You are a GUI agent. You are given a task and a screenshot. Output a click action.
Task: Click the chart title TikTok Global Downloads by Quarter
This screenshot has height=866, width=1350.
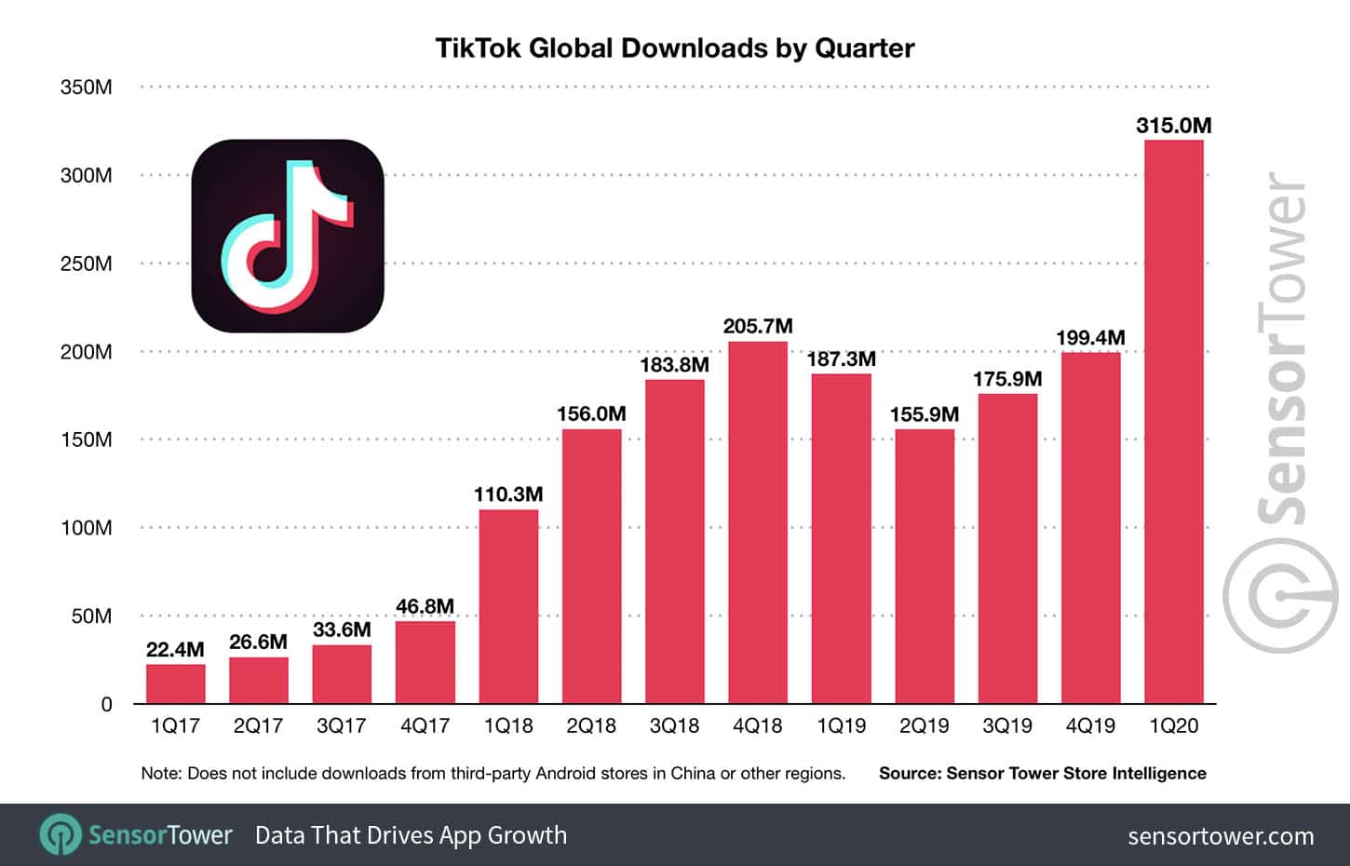675,48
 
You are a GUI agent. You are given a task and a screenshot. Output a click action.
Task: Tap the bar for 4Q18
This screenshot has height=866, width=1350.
757,521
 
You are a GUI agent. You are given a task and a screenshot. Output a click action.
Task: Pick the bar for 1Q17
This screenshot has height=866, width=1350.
175,683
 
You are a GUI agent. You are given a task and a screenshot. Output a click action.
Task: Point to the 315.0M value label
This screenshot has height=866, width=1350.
1173,126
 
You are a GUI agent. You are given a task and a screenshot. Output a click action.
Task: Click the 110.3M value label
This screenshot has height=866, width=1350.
507,494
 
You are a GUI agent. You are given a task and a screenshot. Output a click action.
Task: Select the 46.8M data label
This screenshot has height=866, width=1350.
425,606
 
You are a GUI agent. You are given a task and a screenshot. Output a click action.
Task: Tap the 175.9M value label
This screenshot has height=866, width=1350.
1006,379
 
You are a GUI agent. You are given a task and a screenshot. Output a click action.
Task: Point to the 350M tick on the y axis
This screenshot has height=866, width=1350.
86,88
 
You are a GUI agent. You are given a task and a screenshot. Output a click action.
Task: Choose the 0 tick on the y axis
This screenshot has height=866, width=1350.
106,705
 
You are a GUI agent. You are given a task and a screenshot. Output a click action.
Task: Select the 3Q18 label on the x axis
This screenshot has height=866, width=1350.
674,726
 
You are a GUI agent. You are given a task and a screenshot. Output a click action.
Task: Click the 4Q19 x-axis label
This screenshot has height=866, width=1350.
1089,726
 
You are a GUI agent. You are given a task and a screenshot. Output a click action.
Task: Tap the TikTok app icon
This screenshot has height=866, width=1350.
288,236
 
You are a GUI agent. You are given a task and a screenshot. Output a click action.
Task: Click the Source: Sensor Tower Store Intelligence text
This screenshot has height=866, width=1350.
1042,773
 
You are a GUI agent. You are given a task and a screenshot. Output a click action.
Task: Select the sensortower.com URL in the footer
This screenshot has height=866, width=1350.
1221,836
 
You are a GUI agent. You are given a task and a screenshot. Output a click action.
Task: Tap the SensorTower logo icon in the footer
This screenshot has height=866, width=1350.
61,835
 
